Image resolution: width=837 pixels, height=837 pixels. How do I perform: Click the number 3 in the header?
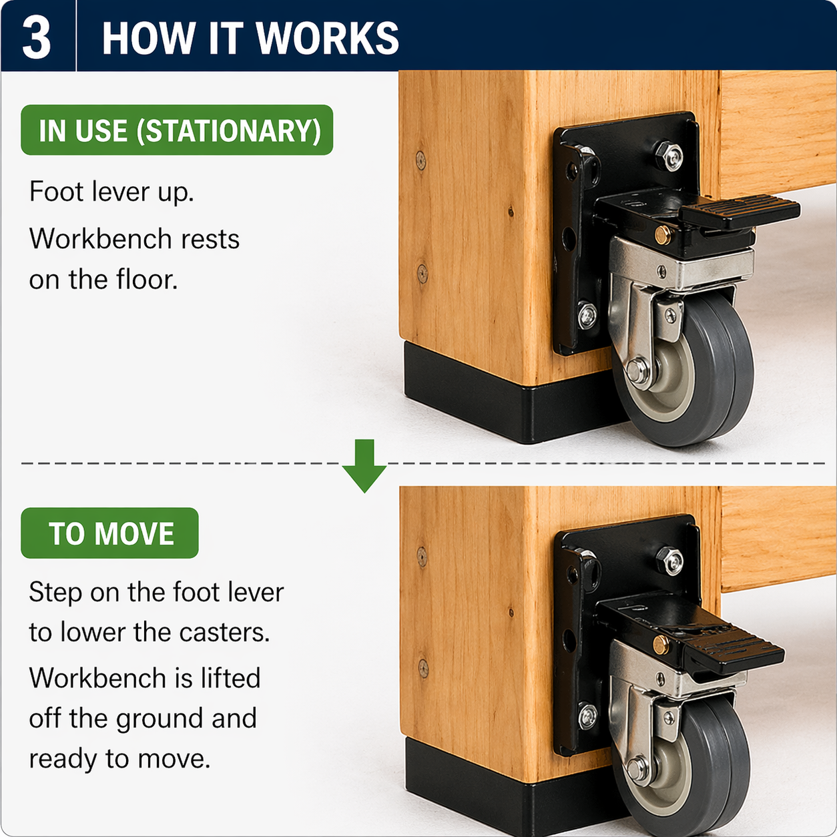pyautogui.click(x=37, y=37)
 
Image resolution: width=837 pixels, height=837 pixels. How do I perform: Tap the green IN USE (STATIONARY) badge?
pyautogui.click(x=177, y=130)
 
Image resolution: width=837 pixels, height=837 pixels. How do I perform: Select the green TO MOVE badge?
pyautogui.click(x=110, y=533)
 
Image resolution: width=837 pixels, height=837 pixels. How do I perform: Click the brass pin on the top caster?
pyautogui.click(x=663, y=234)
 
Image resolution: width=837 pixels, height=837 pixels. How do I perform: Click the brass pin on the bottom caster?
pyautogui.click(x=661, y=645)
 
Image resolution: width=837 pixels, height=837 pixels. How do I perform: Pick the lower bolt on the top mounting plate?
pyautogui.click(x=587, y=315)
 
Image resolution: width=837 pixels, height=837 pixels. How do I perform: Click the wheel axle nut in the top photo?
pyautogui.click(x=638, y=370)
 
